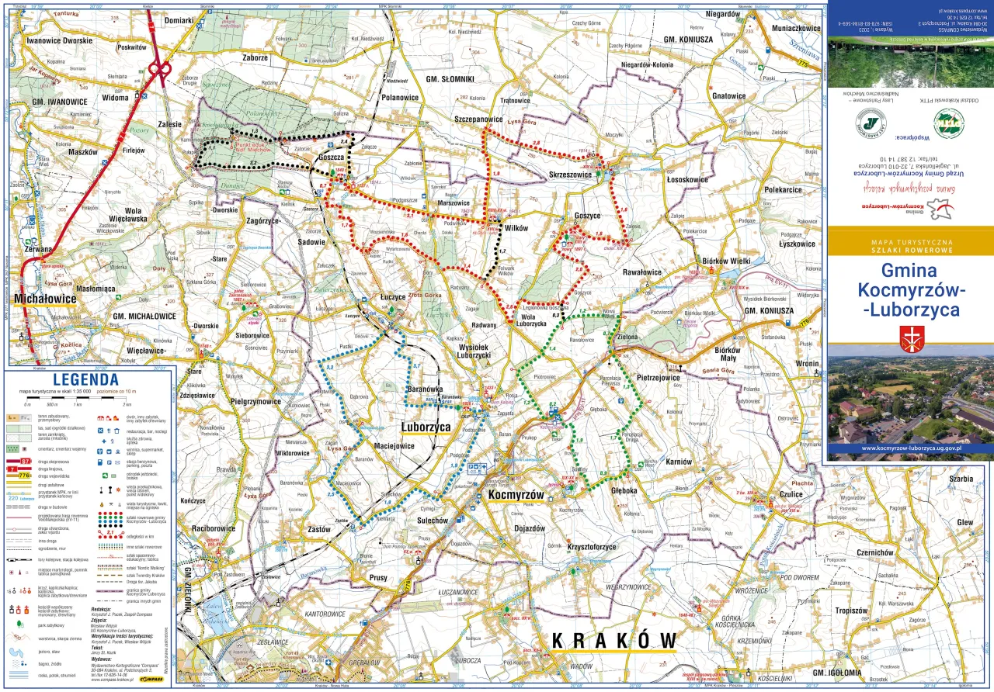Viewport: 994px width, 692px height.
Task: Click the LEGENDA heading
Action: click(x=85, y=379)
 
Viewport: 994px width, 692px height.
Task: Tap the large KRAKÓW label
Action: click(x=613, y=640)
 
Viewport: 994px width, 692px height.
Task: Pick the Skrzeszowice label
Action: click(x=571, y=175)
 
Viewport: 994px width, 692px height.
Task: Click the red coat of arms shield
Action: click(x=909, y=338)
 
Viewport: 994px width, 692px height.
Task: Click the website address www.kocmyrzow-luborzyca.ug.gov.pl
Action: click(x=910, y=448)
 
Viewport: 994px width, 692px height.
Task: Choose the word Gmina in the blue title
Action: click(x=910, y=271)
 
